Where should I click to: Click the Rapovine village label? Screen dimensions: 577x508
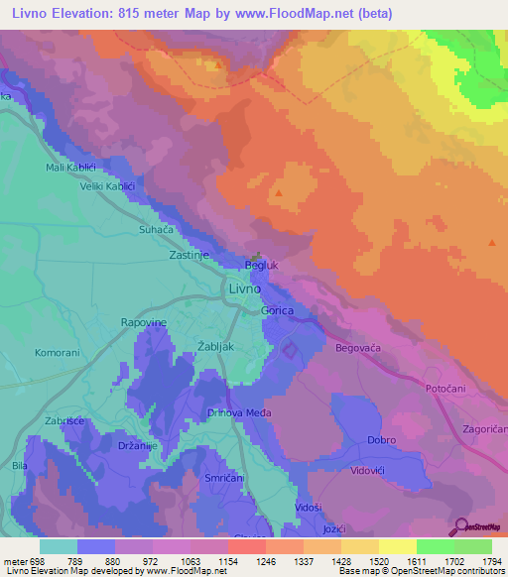(x=144, y=323)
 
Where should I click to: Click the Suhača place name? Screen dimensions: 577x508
(x=156, y=229)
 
